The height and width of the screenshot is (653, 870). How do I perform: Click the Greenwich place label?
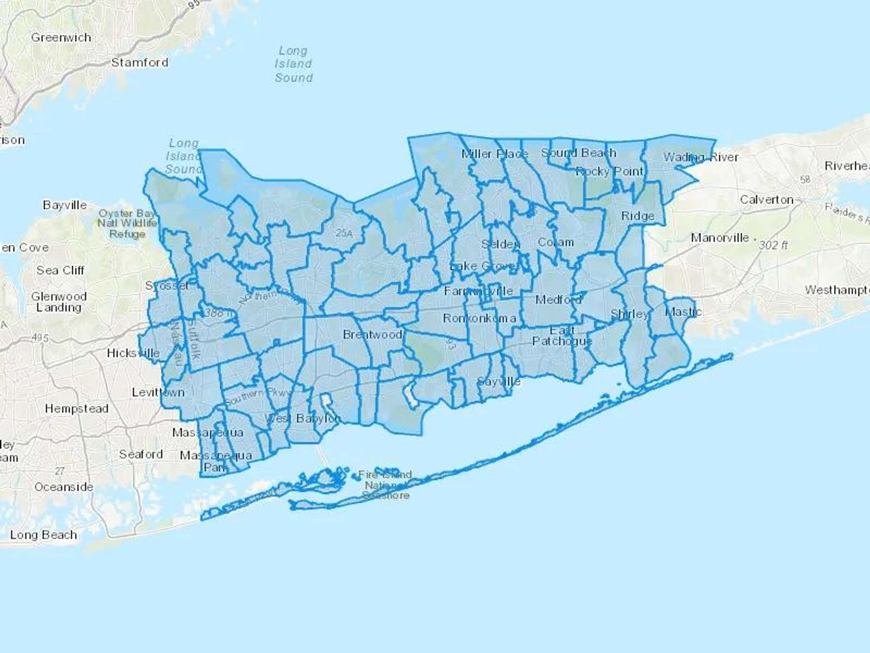coord(61,38)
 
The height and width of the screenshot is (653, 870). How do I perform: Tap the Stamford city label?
coord(140,62)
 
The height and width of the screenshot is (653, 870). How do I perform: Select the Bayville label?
coord(65,205)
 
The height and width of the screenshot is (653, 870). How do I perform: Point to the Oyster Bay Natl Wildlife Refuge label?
coord(127,223)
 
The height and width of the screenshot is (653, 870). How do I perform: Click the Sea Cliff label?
coord(60,270)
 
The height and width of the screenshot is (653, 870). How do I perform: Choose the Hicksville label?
coord(133,353)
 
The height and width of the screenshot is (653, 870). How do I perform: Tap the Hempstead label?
coord(76,409)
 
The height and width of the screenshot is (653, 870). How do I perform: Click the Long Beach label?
coord(43,535)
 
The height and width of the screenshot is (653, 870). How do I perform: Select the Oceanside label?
coord(64,487)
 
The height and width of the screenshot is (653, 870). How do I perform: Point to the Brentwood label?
coord(372,334)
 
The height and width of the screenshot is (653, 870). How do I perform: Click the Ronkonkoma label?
coord(479,318)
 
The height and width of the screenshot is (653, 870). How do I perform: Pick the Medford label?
coord(558,300)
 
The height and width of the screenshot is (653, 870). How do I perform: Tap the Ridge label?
coord(638,216)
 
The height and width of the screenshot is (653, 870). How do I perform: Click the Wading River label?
coord(700,157)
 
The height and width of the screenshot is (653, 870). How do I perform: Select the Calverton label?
coord(767,200)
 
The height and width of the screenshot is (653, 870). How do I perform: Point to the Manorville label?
coord(720,238)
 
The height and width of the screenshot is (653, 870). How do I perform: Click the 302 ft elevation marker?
coord(773,245)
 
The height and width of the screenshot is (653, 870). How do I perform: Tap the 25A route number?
coord(344,233)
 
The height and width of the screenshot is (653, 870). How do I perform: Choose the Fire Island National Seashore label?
coord(385,485)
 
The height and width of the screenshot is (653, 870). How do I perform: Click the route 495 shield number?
coord(40,338)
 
